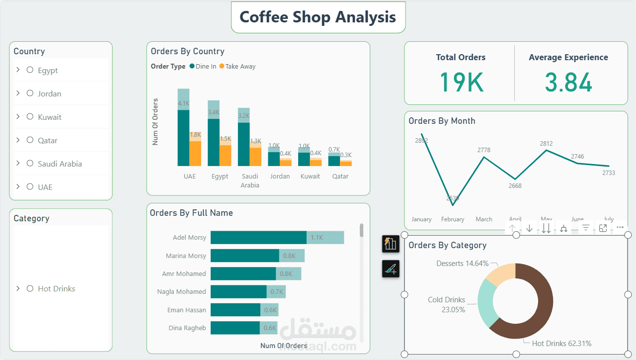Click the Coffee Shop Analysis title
(x=318, y=17)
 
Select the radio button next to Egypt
(x=30, y=70)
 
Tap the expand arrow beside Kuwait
(x=18, y=116)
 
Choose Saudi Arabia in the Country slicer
(x=60, y=164)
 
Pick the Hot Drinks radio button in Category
(x=30, y=288)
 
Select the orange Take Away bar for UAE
(x=195, y=153)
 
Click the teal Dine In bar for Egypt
(x=213, y=142)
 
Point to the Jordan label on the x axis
(x=280, y=177)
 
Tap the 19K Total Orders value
(x=461, y=83)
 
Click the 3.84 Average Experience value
(x=568, y=83)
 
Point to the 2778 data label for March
(x=484, y=150)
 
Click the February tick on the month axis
(x=453, y=219)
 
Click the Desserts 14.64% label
(x=462, y=264)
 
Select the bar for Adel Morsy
(x=258, y=238)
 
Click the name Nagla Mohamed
(x=181, y=292)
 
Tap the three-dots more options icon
(x=620, y=228)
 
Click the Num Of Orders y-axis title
(x=155, y=122)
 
